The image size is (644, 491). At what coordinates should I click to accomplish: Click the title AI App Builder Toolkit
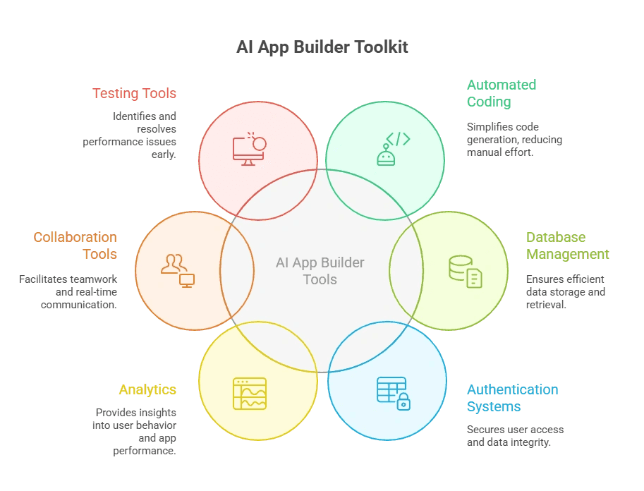click(x=322, y=47)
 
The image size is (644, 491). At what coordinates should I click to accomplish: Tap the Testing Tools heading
click(x=134, y=93)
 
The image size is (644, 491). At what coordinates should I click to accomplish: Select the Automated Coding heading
click(x=502, y=93)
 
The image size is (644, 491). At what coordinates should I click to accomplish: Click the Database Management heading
click(x=567, y=245)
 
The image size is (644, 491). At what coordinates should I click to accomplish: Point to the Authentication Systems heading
click(x=512, y=398)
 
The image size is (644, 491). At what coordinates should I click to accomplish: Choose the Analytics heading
click(x=147, y=389)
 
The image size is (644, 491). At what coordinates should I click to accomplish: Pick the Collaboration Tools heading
click(x=75, y=245)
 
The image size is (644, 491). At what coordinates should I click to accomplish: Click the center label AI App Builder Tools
click(x=320, y=271)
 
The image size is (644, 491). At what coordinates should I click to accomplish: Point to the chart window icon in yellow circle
click(x=250, y=393)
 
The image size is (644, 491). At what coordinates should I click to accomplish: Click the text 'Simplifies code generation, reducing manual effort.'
click(x=514, y=139)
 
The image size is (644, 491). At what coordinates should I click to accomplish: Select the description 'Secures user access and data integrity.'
click(x=515, y=436)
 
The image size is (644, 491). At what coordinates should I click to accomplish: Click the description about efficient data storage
click(x=566, y=291)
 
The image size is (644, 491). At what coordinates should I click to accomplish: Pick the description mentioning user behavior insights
click(x=135, y=431)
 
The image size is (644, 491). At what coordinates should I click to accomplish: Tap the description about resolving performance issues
click(x=130, y=135)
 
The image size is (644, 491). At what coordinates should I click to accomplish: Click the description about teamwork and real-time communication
click(x=68, y=292)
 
